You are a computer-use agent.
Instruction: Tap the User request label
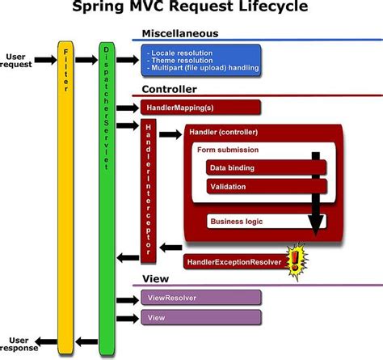pos(19,61)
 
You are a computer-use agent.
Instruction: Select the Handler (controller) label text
pos(221,132)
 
